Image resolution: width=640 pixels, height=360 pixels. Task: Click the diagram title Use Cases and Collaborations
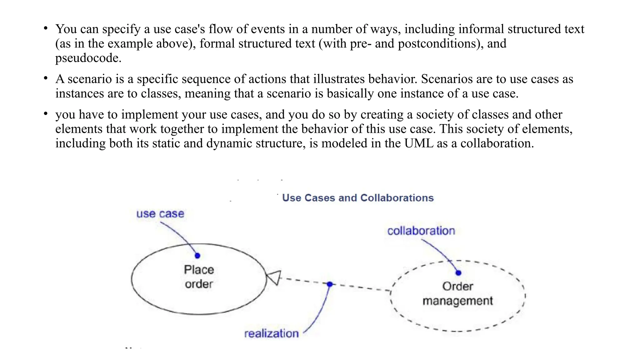[357, 198]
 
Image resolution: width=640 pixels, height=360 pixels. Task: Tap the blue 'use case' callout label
[160, 214]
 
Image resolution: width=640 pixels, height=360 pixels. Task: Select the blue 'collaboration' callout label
[421, 231]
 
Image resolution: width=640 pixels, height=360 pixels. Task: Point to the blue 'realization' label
[271, 333]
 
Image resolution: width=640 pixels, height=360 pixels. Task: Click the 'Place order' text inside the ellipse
[199, 277]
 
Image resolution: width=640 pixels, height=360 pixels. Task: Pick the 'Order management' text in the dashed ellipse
[457, 293]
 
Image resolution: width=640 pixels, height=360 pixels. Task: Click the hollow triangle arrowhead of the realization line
[274, 277]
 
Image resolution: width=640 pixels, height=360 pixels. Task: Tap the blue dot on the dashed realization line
[330, 284]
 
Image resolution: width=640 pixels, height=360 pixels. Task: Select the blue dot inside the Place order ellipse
[197, 256]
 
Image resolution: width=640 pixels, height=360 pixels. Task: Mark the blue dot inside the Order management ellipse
[458, 273]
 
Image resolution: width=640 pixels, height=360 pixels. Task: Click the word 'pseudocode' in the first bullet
[88, 58]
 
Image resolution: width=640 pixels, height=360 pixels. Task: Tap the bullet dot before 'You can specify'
[46, 28]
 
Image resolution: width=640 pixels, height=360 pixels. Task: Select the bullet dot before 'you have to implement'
[46, 114]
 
